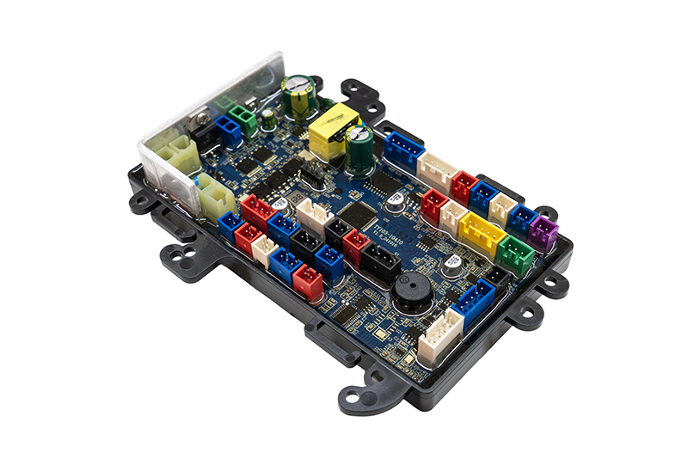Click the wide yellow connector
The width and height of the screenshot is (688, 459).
(482, 233)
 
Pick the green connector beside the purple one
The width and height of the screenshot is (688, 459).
(515, 254)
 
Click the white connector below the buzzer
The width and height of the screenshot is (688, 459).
(439, 336)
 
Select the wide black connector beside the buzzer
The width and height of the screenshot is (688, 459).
(379, 262)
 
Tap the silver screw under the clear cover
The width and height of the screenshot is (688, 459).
(203, 119)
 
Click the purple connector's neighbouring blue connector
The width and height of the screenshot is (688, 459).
(520, 220)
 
